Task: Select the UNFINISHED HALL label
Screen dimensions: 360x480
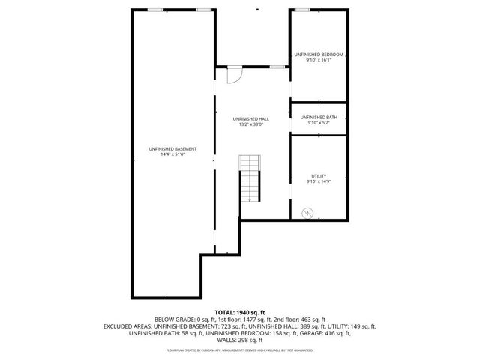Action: [x=251, y=118]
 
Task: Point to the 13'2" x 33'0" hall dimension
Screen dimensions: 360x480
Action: [x=251, y=124]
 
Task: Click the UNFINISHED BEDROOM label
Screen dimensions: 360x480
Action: [x=319, y=55]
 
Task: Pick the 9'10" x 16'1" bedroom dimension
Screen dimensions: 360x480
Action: [x=319, y=61]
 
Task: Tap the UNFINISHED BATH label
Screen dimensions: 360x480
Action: [x=319, y=117]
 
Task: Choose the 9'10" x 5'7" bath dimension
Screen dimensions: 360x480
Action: [x=319, y=123]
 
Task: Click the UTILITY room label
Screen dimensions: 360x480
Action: [x=319, y=175]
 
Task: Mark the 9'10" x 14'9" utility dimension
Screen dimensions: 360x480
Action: [x=319, y=181]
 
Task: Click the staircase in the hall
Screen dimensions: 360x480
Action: [x=250, y=178]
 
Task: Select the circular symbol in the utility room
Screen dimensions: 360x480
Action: [x=306, y=213]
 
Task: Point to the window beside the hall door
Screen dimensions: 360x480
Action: [x=277, y=67]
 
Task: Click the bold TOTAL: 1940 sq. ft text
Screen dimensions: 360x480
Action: [x=240, y=312]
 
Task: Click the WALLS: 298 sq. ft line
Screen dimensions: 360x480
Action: [x=240, y=341]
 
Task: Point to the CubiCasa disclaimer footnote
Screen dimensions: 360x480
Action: [x=240, y=350]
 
